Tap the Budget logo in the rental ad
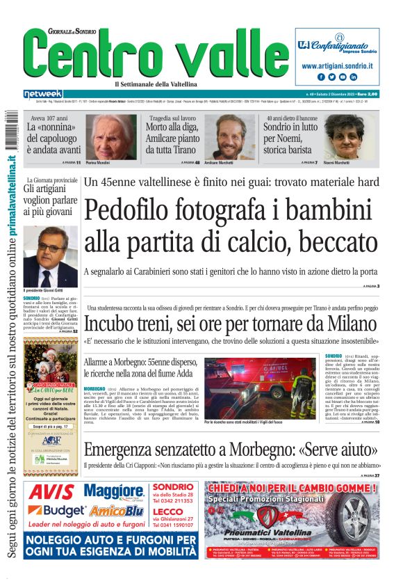coord(51,512)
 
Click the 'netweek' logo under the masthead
coord(43,94)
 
